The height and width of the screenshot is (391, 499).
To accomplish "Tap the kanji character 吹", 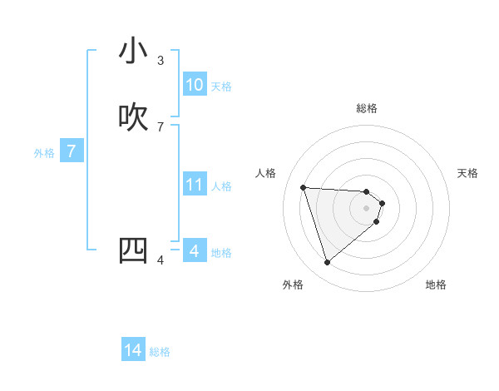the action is [x=133, y=117].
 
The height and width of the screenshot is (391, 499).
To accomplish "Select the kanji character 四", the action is [x=133, y=250].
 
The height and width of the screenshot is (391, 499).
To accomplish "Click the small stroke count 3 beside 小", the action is [x=161, y=60].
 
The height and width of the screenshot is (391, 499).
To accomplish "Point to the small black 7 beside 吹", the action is [x=161, y=126].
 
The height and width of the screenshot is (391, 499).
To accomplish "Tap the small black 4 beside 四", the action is [x=161, y=260].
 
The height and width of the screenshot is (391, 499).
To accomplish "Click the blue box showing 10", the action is [x=195, y=85].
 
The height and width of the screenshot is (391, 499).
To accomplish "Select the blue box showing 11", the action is [x=195, y=185].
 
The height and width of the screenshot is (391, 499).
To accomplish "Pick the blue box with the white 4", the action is [x=195, y=251].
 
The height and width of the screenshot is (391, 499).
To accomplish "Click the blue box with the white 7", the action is [x=72, y=151].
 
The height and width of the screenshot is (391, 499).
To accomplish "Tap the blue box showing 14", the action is [x=133, y=351].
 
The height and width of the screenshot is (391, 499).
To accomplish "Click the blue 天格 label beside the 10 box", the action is [x=221, y=87].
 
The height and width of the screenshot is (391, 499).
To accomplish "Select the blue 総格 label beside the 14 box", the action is [x=160, y=352].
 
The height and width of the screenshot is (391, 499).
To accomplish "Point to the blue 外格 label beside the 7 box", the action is [x=44, y=153].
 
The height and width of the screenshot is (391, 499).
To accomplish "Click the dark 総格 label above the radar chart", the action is [x=367, y=108].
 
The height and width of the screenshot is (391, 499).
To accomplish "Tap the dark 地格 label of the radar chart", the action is [x=436, y=285].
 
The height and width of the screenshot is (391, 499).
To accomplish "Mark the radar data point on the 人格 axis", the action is [x=304, y=187].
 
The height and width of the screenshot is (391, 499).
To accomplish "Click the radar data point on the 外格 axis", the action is [x=327, y=263].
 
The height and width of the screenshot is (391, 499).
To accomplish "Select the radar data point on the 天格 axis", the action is [x=383, y=203].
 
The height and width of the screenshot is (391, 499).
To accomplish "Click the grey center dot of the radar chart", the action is [x=367, y=208].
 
